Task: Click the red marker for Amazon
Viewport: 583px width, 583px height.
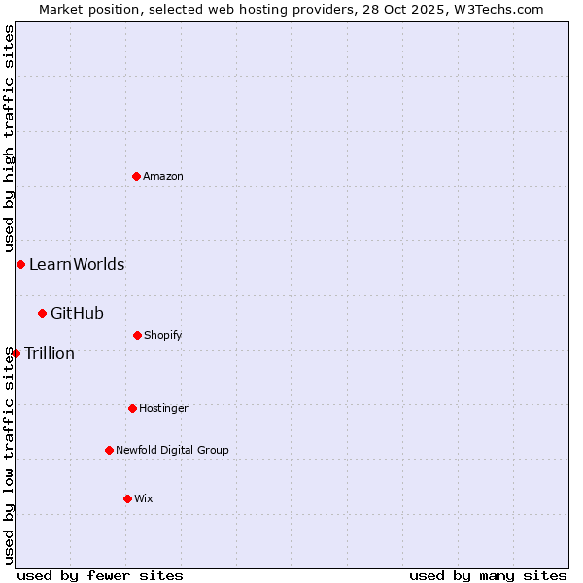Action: (136, 176)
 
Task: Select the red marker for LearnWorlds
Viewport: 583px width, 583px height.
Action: (20, 264)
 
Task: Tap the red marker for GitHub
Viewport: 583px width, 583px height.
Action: (42, 313)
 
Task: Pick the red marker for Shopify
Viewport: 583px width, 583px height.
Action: (137, 335)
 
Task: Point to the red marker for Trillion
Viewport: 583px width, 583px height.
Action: (16, 353)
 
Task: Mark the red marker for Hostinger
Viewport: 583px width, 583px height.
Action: (132, 408)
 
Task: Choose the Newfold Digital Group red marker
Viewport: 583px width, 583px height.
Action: (109, 450)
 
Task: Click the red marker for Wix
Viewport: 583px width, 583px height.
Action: (127, 498)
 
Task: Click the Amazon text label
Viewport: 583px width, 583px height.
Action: (163, 176)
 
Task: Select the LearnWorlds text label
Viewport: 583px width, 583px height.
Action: (77, 264)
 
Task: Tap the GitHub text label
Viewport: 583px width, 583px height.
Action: (77, 313)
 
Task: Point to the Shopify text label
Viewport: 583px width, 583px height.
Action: (163, 335)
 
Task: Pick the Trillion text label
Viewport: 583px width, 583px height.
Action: (50, 353)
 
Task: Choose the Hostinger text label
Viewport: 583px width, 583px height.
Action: (163, 408)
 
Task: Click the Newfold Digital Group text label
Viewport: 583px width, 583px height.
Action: (172, 450)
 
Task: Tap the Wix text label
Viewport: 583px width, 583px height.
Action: (144, 498)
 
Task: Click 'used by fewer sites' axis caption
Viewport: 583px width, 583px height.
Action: (100, 575)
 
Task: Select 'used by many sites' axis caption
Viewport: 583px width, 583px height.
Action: (488, 575)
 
